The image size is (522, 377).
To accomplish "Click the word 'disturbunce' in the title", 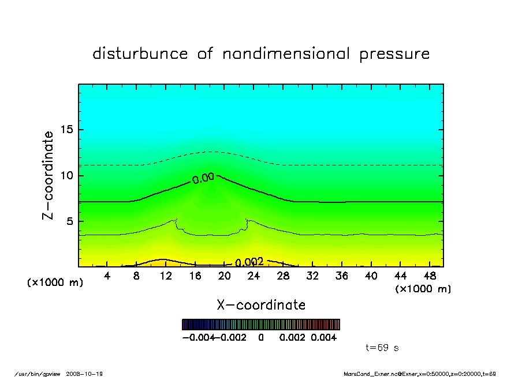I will coord(140,54).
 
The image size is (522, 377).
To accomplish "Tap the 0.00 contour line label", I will coord(203,179).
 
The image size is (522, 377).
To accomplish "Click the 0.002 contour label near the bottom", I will coord(249,262).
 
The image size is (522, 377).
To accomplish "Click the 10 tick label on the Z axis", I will coord(66,175).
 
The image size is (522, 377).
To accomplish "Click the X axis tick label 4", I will coord(107,276).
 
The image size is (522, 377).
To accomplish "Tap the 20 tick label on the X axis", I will coord(225,276).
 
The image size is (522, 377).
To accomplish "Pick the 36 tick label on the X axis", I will coord(342,276).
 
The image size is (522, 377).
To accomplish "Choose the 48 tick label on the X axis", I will coord(430,276).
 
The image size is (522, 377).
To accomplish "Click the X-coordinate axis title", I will coord(261,305).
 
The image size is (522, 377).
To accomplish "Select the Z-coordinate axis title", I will coord(49,175).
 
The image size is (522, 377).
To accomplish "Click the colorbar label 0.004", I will coord(324,338).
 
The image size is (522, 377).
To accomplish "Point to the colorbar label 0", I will coord(261,338).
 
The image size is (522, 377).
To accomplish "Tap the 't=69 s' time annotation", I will coord(382,348).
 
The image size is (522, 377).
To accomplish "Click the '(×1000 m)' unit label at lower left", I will coord(55,283).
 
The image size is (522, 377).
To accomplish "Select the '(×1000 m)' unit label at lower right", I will coord(423,289).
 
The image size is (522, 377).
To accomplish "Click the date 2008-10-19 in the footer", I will coord(89,374).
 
